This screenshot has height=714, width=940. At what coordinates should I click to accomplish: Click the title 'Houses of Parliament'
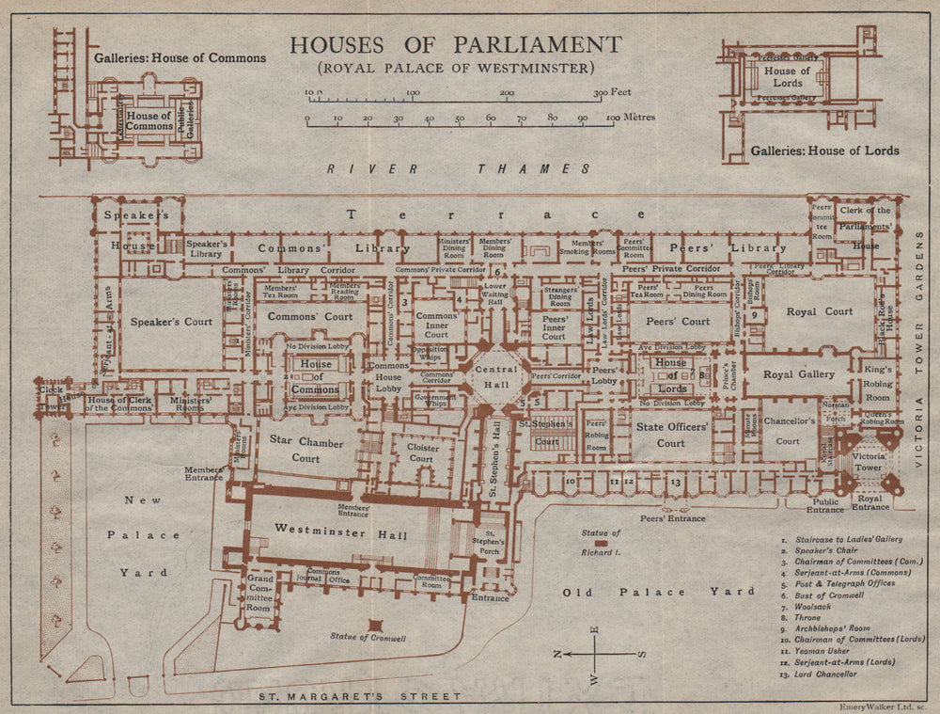pos(455,44)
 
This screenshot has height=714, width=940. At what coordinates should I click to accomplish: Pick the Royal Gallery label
pos(799,373)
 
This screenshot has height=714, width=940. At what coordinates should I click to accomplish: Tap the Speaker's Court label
pos(172,322)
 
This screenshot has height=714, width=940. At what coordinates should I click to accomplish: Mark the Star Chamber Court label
pos(294,449)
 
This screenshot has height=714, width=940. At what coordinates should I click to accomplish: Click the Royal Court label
pos(820,311)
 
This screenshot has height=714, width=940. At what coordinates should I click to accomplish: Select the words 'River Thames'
pos(458,169)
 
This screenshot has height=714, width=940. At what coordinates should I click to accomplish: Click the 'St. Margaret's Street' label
pos(361,697)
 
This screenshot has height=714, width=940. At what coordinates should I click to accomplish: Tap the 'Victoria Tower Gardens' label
pos(921,357)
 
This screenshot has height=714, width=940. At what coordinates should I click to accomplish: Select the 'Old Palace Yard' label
pos(658,592)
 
